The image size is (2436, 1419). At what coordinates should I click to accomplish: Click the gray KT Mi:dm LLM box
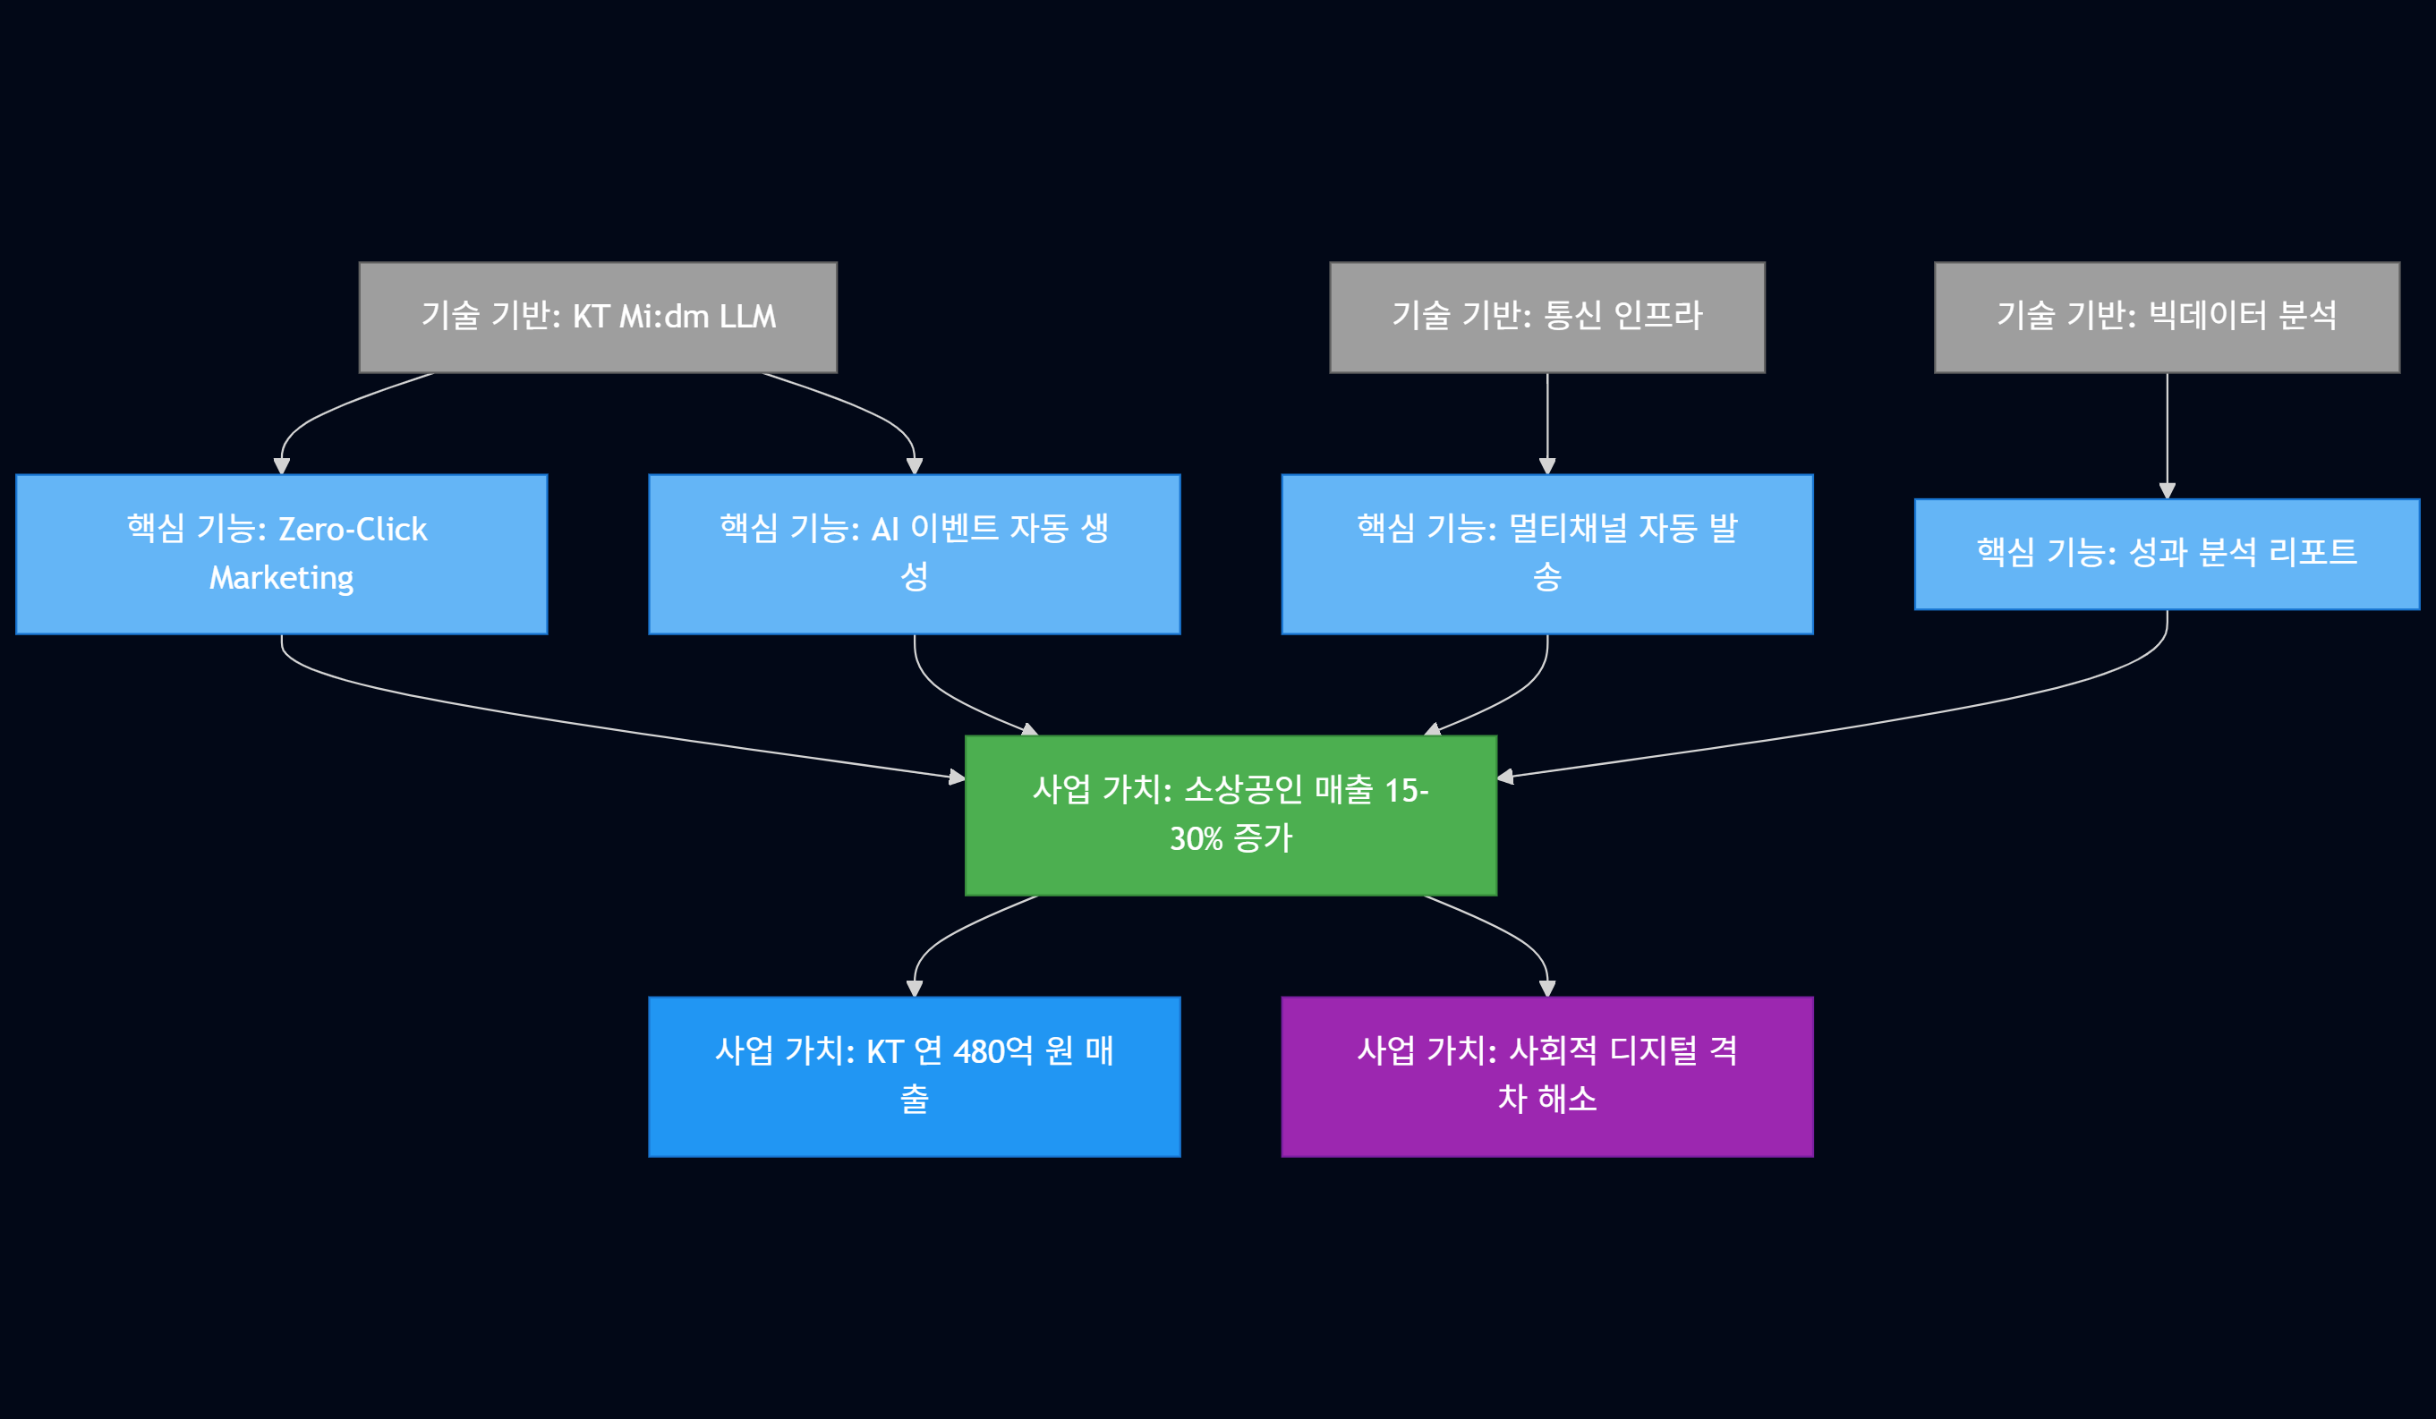pos(598,317)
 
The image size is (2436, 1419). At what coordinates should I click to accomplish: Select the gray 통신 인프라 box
pos(1546,317)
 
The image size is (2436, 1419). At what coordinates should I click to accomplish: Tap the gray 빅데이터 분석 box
pos(2167,317)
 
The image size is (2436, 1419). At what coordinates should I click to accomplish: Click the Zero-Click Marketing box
pos(281,554)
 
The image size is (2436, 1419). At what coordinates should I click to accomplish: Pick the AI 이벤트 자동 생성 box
pos(914,554)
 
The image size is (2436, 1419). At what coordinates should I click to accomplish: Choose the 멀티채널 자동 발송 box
pos(1546,554)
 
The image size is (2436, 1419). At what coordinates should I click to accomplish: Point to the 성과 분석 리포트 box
pos(2167,554)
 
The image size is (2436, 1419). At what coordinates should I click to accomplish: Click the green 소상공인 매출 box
pos(1231,815)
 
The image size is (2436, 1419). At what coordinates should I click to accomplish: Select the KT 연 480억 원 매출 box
pos(914,1075)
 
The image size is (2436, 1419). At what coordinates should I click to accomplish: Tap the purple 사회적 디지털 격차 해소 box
pos(1546,1075)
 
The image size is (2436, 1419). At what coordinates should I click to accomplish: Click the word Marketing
pos(281,578)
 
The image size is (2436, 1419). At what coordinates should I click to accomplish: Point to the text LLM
pos(747,317)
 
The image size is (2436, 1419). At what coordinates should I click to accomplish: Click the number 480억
pos(992,1051)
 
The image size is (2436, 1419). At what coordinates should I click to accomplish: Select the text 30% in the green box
pos(1196,839)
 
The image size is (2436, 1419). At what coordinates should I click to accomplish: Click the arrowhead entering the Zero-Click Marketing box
pos(281,466)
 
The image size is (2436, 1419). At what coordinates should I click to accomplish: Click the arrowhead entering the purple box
pos(1546,988)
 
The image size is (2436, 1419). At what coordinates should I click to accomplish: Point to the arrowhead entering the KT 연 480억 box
pos(914,988)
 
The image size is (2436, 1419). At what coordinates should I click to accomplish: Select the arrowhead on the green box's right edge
pos(1505,777)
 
